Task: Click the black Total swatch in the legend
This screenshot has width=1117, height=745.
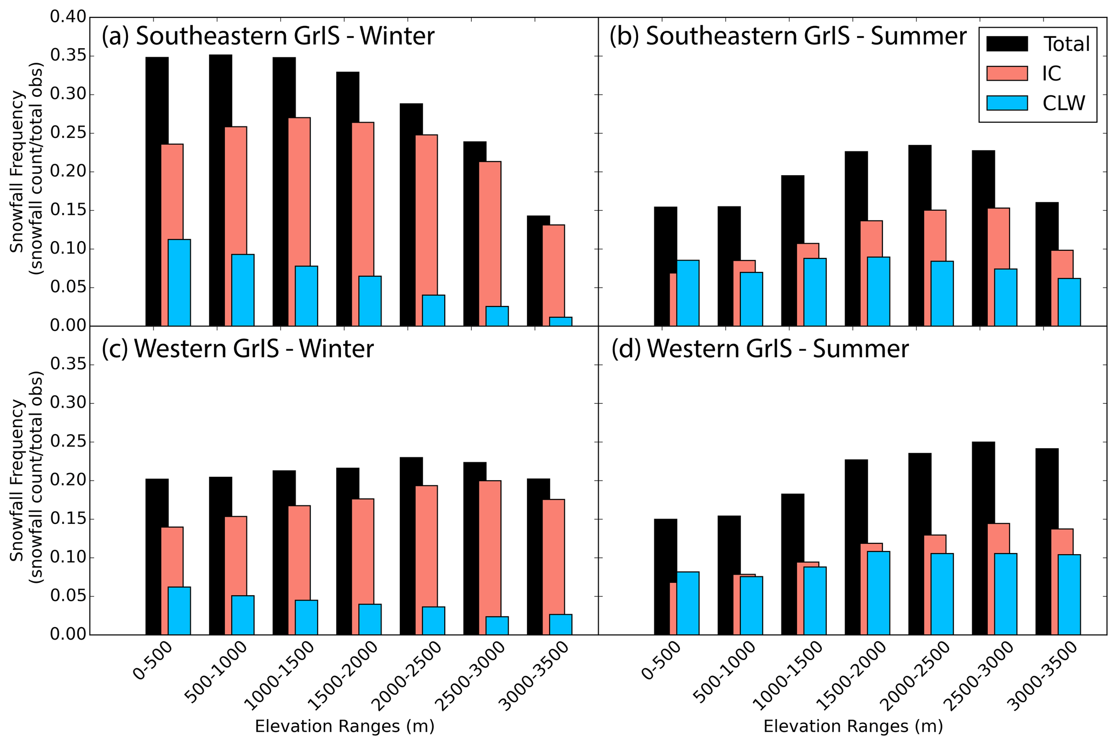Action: point(1007,44)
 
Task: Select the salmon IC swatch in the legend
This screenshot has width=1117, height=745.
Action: point(1007,73)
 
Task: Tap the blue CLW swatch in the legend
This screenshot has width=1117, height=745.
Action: point(1007,103)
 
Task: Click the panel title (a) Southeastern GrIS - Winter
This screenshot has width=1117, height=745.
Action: point(268,36)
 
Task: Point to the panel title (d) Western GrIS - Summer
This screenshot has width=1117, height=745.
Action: point(760,349)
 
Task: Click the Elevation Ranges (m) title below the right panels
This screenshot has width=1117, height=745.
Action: point(853,726)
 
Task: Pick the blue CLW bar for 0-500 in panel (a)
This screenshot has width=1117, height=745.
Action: point(179,282)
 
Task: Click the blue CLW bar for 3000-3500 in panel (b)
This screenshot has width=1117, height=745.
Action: point(1069,302)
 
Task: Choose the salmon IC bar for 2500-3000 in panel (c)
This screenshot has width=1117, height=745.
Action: point(490,557)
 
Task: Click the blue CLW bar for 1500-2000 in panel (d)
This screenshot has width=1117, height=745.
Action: point(879,593)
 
